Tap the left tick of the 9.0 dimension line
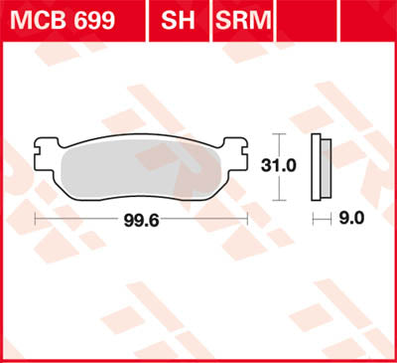point(313,216)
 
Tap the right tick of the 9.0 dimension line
point(329,216)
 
